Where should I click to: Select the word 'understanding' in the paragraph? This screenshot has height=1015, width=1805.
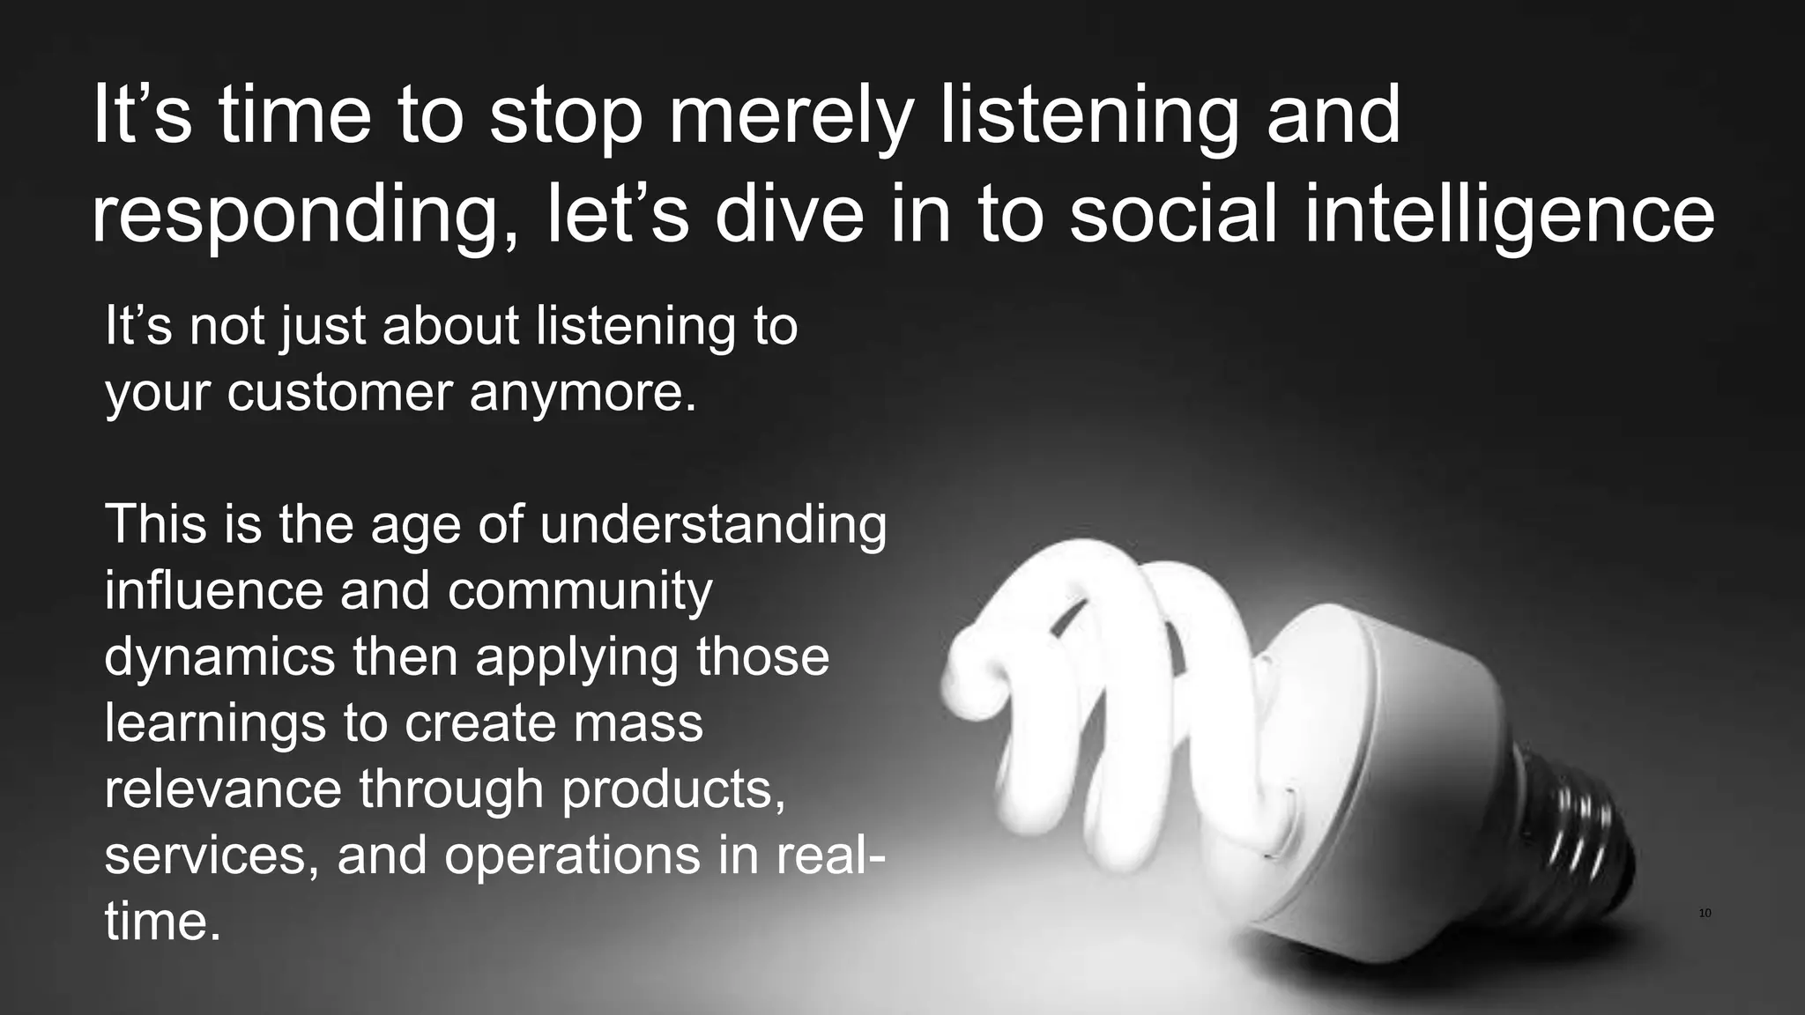click(713, 524)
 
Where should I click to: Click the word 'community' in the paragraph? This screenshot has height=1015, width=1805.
click(580, 589)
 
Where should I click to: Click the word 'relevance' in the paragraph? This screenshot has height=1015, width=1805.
click(223, 788)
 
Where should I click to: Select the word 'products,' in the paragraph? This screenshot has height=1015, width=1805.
click(673, 788)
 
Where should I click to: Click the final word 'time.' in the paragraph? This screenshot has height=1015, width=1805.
click(162, 921)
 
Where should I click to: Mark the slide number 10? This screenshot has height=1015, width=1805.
click(1705, 913)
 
